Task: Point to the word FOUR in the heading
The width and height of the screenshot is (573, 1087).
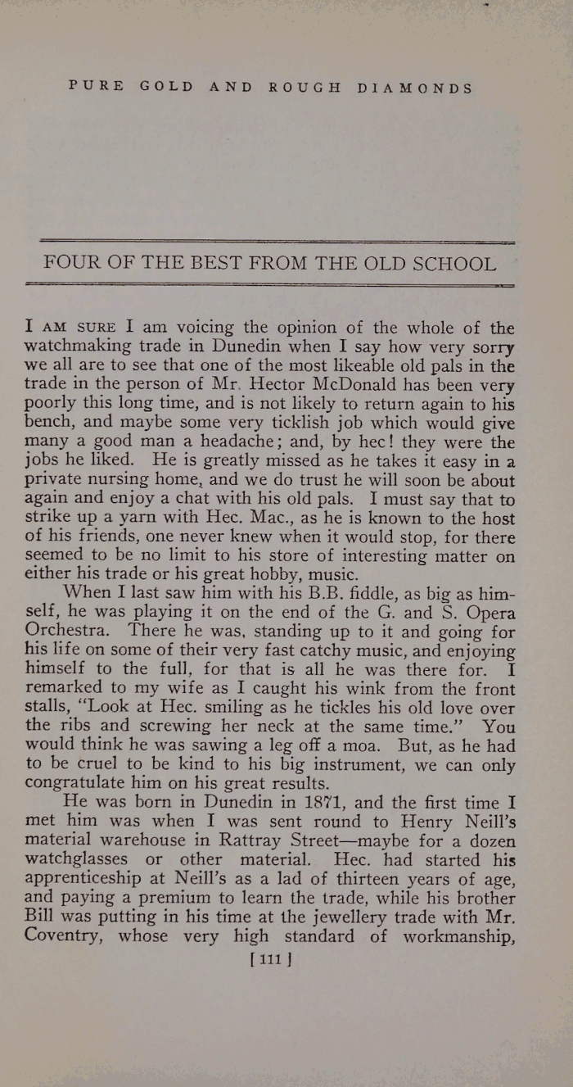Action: coord(70,264)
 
